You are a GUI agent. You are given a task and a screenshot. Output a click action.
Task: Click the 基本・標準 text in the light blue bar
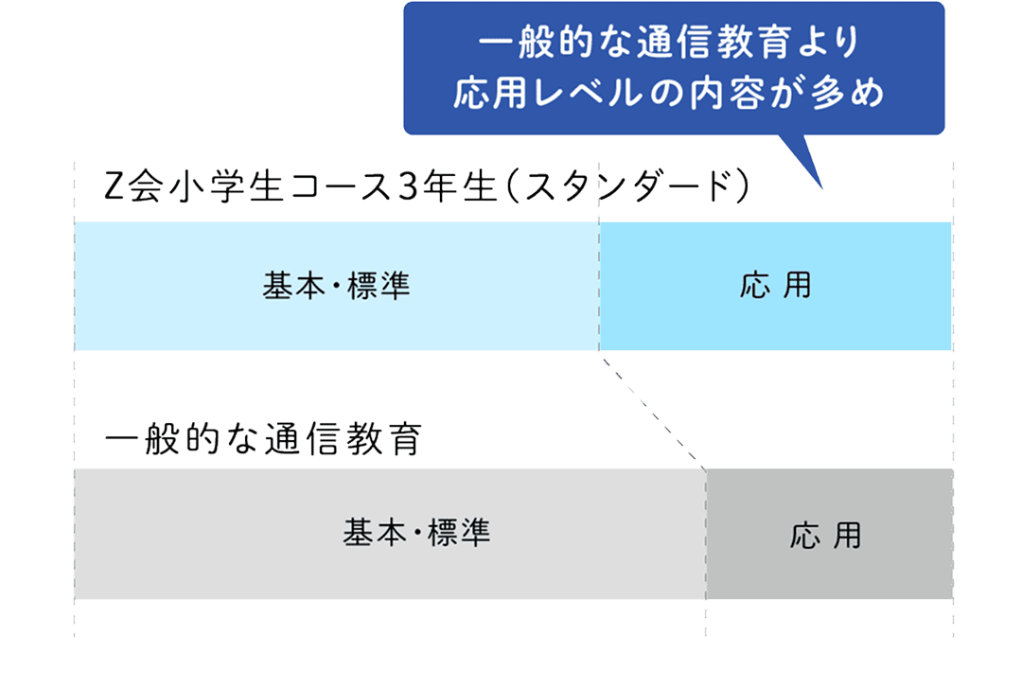(336, 286)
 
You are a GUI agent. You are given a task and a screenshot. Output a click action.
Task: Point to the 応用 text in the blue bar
(775, 286)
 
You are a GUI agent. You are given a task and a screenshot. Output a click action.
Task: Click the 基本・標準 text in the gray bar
(416, 534)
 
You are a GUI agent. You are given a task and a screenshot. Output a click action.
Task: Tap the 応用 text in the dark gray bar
(825, 536)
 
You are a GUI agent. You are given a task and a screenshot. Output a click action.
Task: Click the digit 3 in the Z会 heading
(409, 186)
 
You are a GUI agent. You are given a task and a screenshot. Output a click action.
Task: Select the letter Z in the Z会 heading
(115, 187)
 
